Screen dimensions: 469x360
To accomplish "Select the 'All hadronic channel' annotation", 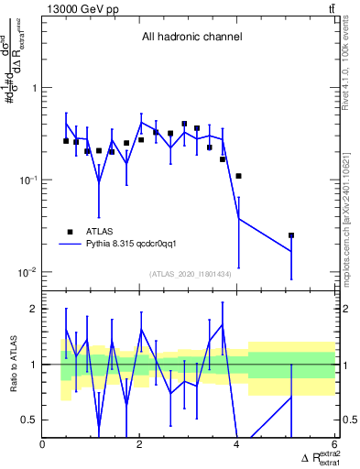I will pos(191,38).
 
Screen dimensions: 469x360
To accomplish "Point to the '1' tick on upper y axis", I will pos(36,88).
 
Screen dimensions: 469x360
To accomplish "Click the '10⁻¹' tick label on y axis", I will pos(30,180).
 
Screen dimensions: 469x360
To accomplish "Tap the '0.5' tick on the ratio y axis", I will pos(30,420).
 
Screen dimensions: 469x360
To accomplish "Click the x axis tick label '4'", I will pos(237,443).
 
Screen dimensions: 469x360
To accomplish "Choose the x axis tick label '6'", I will pos(334,443).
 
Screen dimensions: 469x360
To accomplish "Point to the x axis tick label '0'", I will pos(43,443).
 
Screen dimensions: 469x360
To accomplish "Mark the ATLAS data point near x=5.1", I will pos(291,235).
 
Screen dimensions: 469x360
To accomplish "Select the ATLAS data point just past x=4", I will pos(238,176).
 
